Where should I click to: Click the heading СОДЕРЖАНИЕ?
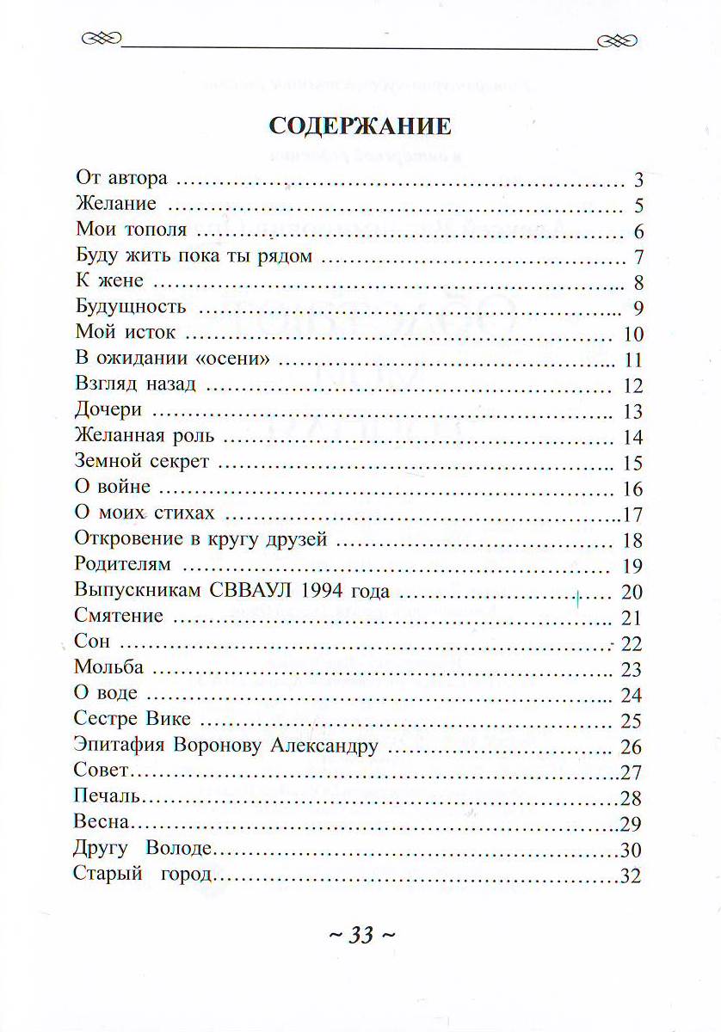point(360,126)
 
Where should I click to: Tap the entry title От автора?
point(120,180)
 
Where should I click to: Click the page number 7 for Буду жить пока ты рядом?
point(639,258)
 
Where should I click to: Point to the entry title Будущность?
point(131,309)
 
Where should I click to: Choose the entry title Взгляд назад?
point(136,386)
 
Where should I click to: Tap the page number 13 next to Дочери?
point(633,412)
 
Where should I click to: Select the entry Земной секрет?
point(142,463)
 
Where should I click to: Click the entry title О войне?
point(113,488)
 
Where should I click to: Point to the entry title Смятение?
point(119,617)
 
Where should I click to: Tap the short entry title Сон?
point(91,643)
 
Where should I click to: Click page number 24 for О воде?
point(632,695)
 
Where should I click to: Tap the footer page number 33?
point(361,935)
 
